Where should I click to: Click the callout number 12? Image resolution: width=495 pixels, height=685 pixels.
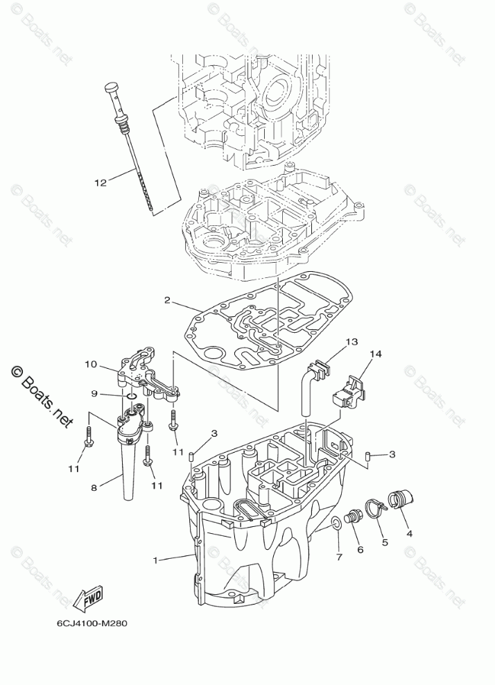(101, 183)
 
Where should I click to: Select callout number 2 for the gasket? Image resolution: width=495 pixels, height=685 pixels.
(167, 300)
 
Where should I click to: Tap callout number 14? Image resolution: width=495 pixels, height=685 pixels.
(376, 354)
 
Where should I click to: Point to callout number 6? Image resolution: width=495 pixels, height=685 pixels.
(360, 549)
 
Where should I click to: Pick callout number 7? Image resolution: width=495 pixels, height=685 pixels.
(338, 557)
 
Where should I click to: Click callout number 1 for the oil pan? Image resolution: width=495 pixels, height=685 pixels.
(156, 559)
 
